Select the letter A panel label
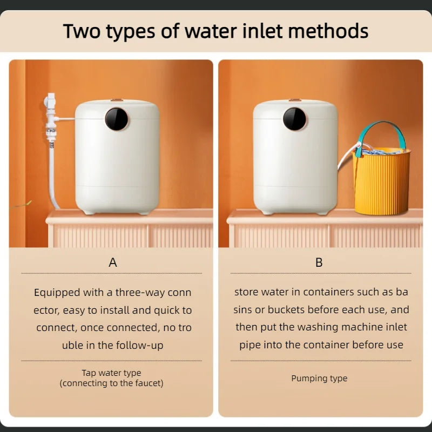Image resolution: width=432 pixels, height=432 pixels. click(x=112, y=262)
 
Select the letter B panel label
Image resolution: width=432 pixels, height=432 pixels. click(x=319, y=262)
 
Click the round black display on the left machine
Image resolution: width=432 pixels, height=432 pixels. click(x=117, y=118)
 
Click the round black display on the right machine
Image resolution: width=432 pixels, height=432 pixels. click(x=295, y=118)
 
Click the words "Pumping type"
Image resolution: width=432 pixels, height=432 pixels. click(x=319, y=378)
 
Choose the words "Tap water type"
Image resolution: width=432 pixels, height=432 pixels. click(x=111, y=373)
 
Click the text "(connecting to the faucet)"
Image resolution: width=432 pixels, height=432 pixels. click(x=111, y=383)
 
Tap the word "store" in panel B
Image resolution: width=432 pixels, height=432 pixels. click(x=246, y=292)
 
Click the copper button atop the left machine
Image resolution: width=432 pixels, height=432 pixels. click(x=117, y=100)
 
